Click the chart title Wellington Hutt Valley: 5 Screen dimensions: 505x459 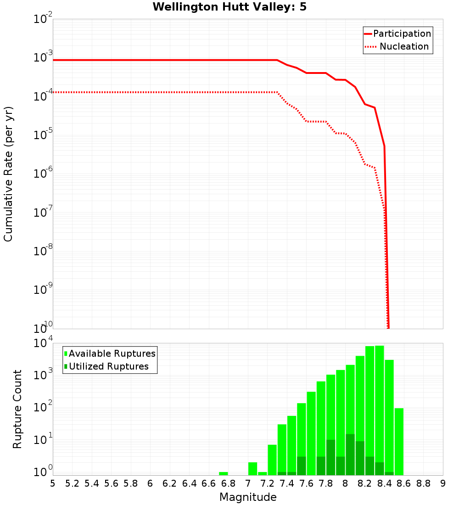coord(229,7)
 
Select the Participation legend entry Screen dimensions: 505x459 coord(402,34)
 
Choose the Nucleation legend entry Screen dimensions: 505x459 coord(404,46)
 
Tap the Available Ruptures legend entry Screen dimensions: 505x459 coord(112,353)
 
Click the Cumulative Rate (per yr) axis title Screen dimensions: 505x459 coord(8,174)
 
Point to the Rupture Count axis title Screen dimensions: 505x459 coord(17,409)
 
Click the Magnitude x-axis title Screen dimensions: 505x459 coord(248,497)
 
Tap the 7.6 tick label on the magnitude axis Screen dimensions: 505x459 coord(306,483)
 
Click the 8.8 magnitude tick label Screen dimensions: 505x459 coord(423,483)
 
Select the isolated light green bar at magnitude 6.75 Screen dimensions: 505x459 coord(224,473)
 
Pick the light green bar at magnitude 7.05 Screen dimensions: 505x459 coord(252,469)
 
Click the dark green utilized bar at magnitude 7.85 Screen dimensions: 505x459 coord(330,457)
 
